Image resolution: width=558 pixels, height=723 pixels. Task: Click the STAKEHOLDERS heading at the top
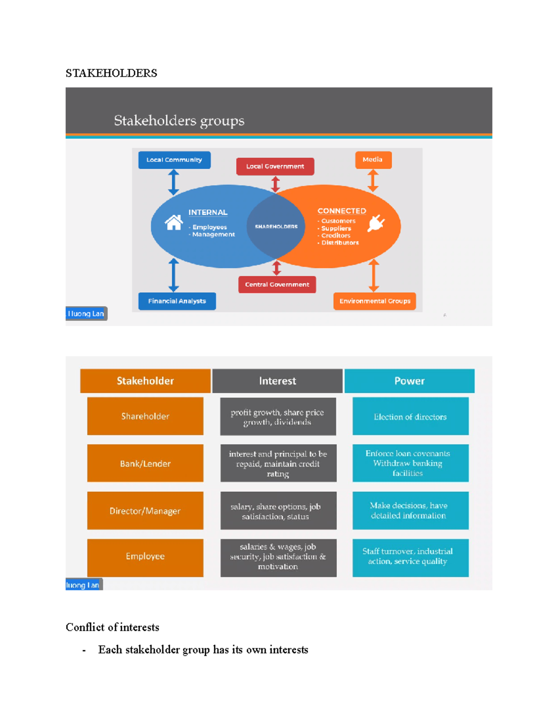(111, 73)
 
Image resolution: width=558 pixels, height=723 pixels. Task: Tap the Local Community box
(174, 160)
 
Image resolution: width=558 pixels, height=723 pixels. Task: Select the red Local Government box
(275, 166)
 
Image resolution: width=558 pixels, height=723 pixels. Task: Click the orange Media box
(373, 160)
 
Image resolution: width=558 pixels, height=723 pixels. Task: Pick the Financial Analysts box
(177, 301)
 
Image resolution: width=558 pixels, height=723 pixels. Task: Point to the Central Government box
(277, 284)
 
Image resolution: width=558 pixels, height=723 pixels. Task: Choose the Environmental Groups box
(374, 301)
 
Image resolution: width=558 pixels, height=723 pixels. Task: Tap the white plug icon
(376, 223)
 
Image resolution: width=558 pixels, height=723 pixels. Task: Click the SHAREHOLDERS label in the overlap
(276, 227)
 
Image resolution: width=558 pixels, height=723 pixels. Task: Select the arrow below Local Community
(173, 182)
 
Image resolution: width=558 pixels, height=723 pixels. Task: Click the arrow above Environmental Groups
(373, 275)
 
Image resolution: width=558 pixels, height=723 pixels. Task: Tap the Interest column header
(277, 381)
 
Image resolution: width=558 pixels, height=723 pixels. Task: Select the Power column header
(409, 381)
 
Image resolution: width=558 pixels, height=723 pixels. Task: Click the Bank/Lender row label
(145, 463)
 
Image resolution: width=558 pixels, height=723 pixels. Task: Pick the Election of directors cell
(410, 417)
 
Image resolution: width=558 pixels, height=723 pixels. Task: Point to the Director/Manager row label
(145, 511)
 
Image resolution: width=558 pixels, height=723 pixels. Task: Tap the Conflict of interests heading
(113, 627)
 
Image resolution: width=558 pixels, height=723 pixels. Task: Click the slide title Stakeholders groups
(179, 121)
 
